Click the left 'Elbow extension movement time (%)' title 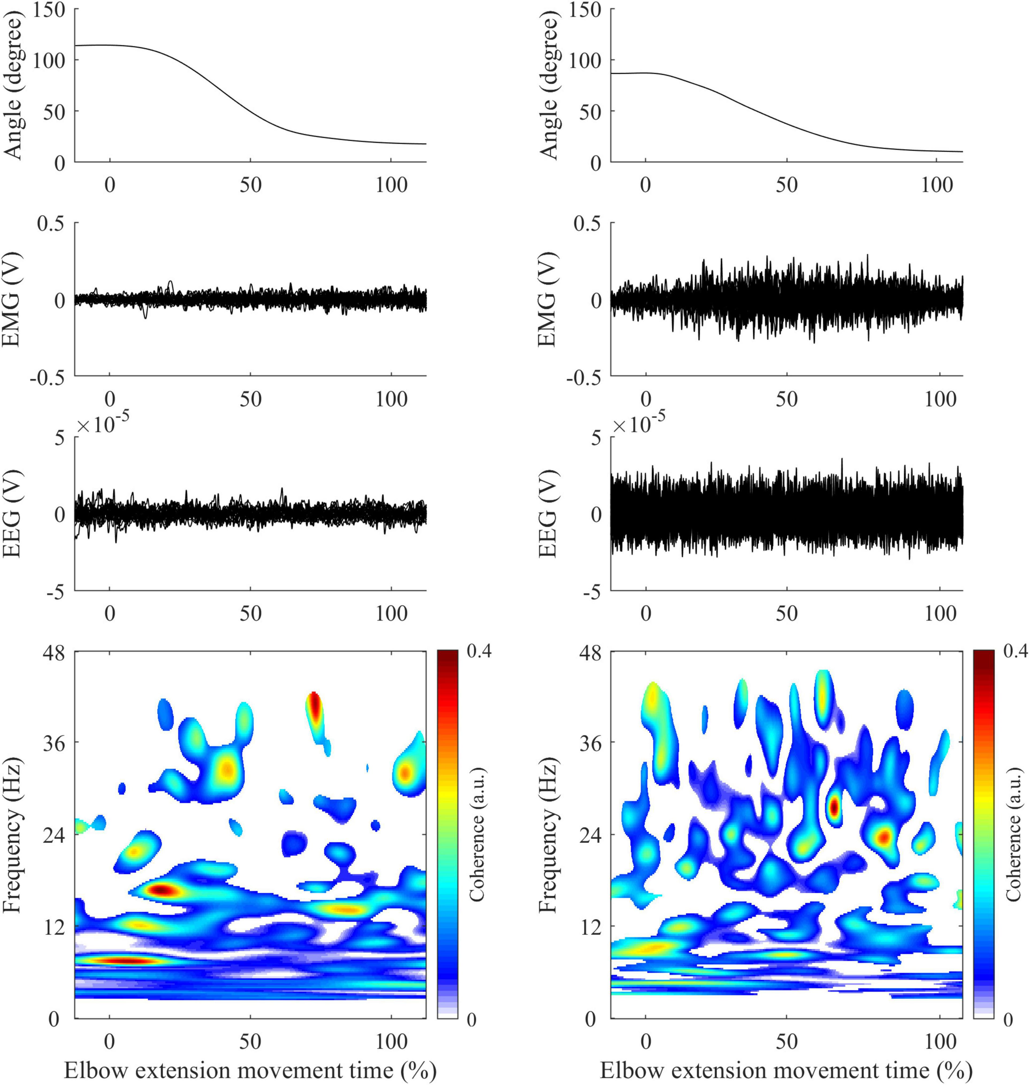click(250, 1069)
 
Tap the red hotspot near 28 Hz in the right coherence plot click(834, 807)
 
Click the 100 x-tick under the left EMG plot click(392, 399)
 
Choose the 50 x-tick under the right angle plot click(786, 185)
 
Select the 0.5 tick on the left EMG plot click(50, 224)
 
